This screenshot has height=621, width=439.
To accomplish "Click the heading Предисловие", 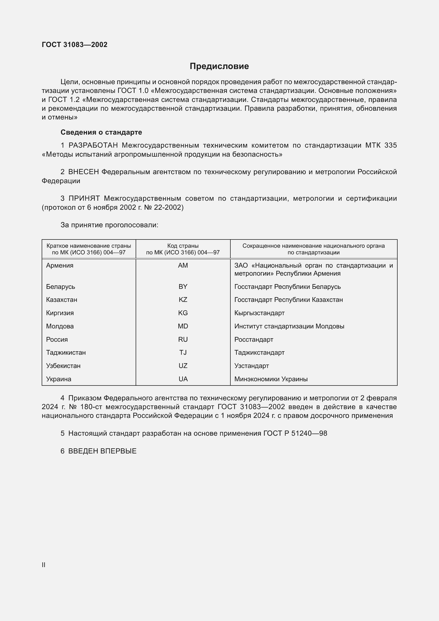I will [x=219, y=66].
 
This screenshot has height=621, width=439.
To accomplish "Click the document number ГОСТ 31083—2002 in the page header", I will [x=75, y=45].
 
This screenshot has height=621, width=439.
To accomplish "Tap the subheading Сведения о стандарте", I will [x=101, y=132].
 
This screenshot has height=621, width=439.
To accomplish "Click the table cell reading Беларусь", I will [x=61, y=286].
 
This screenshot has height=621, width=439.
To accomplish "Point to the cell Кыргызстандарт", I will [x=259, y=313].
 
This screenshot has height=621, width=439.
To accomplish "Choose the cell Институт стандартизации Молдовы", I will [x=289, y=326].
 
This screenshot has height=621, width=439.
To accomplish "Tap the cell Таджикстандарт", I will [x=259, y=352].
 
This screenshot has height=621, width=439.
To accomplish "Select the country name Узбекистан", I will [x=63, y=366].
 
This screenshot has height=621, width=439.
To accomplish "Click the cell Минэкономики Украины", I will [x=271, y=379].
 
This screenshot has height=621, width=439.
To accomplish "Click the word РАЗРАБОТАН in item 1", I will [x=93, y=145].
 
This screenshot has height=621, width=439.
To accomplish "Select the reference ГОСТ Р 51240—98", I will [x=295, y=433].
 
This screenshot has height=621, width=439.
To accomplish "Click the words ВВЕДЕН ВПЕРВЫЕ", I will [x=102, y=451].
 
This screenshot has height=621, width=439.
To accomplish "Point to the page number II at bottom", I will [x=44, y=565].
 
